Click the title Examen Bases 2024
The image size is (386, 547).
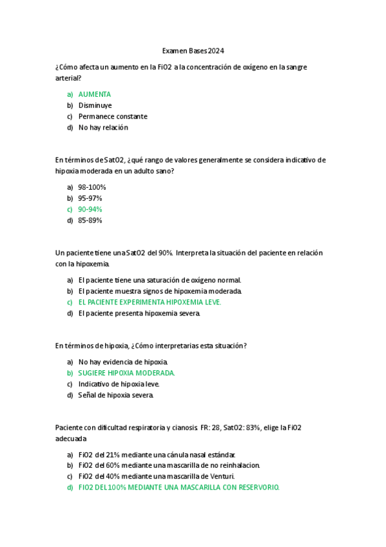tap(193, 51)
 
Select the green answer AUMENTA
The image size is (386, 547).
tap(94, 94)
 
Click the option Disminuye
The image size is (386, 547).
tap(95, 105)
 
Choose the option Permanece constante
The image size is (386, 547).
tap(113, 116)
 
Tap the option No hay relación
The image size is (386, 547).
tap(103, 127)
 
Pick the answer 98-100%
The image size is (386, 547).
tap(92, 187)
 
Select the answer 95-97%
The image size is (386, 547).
tap(90, 198)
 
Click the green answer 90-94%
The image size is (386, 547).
tap(90, 209)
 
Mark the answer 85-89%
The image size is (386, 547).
tap(90, 220)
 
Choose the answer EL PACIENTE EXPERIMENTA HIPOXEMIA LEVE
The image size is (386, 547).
tap(150, 302)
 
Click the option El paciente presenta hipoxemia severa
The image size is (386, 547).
tap(139, 313)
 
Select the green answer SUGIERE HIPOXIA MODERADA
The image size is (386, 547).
tap(126, 373)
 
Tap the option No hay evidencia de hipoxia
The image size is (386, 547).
tap(123, 362)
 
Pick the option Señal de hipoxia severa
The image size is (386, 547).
tap(116, 395)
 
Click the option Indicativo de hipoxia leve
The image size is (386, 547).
tap(119, 384)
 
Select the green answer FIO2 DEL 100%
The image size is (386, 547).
tap(179, 487)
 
